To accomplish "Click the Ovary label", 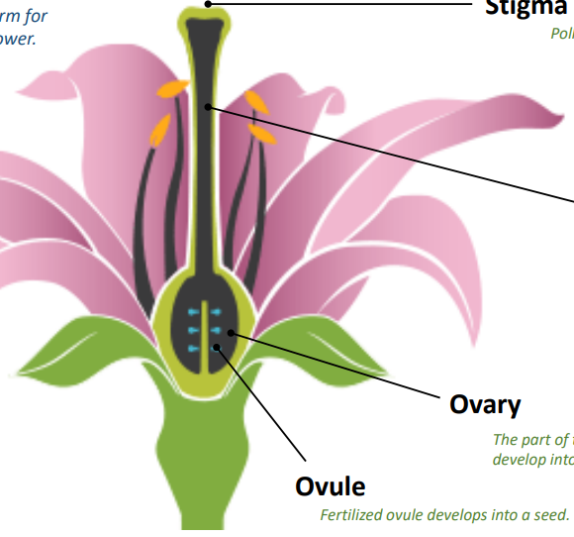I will pyautogui.click(x=485, y=404).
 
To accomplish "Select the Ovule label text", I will pyautogui.click(x=331, y=486).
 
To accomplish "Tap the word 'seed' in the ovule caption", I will pyautogui.click(x=550, y=515).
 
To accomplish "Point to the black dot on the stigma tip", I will pyautogui.click(x=208, y=4).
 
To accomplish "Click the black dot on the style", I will pyautogui.click(x=205, y=106).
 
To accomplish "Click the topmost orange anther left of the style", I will pyautogui.click(x=174, y=88).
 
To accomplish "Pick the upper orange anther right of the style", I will pyautogui.click(x=255, y=100).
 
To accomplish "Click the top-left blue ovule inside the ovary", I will pyautogui.click(x=192, y=313).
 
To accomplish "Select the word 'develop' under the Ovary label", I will pyautogui.click(x=516, y=460).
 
